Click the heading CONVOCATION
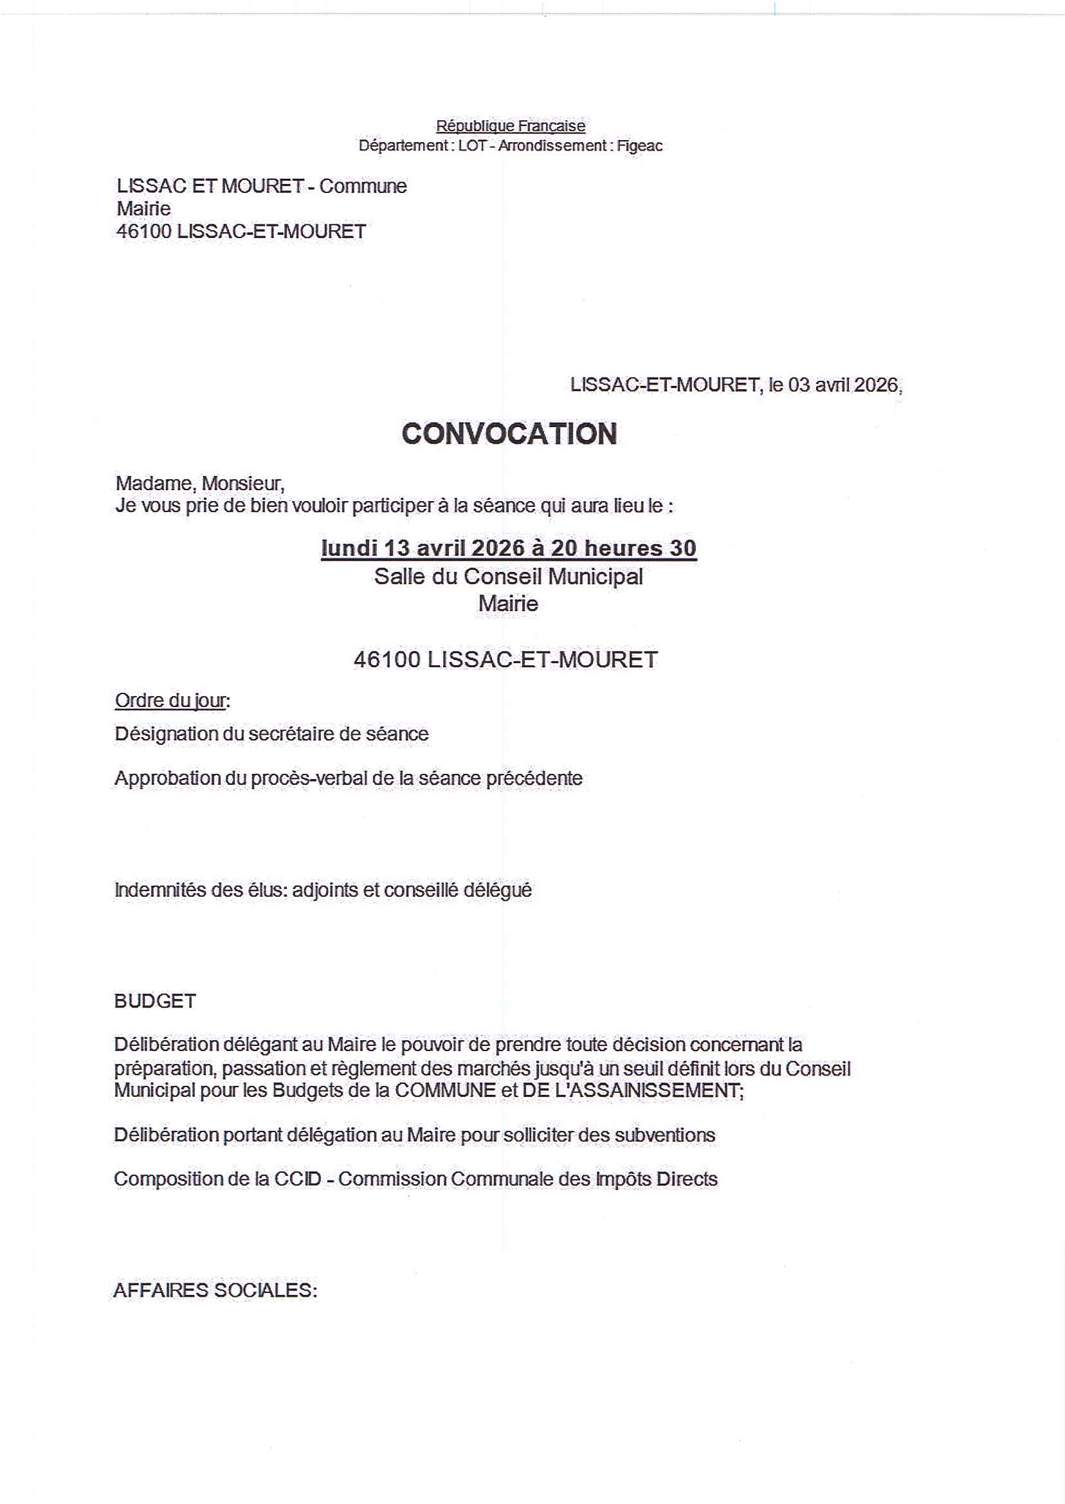point(509,434)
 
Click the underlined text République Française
point(510,125)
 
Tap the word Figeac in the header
point(639,145)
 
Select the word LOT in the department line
point(471,145)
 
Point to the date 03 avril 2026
point(842,385)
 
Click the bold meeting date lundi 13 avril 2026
point(423,547)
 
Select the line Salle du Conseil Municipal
point(508,576)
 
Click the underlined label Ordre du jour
point(170,701)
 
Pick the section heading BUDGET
point(155,1001)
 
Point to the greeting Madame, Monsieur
point(200,483)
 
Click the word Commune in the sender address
point(363,187)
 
